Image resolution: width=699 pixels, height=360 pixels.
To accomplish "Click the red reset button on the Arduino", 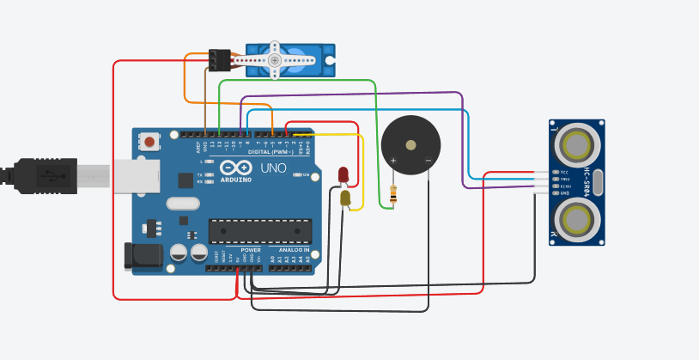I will click(150, 141).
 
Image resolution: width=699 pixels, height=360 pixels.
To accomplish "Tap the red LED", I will click(343, 174).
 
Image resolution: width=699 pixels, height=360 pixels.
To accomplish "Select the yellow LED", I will click(345, 198).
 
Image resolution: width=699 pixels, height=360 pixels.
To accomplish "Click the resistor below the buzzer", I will click(393, 194).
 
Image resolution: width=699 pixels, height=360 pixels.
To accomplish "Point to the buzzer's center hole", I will click(410, 145).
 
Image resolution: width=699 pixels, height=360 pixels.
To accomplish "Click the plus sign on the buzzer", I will click(393, 161).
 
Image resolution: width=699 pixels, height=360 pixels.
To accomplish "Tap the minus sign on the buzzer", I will click(429, 161).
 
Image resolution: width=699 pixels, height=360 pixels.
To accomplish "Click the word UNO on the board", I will click(274, 168).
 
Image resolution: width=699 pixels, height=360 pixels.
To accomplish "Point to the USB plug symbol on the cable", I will click(55, 175).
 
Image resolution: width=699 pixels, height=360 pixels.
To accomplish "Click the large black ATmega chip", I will click(260, 231).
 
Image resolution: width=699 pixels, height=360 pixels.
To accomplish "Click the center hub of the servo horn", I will click(275, 60).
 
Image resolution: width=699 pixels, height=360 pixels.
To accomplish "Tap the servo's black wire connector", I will click(219, 59).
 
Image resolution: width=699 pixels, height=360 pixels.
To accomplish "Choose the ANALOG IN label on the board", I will click(289, 250).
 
